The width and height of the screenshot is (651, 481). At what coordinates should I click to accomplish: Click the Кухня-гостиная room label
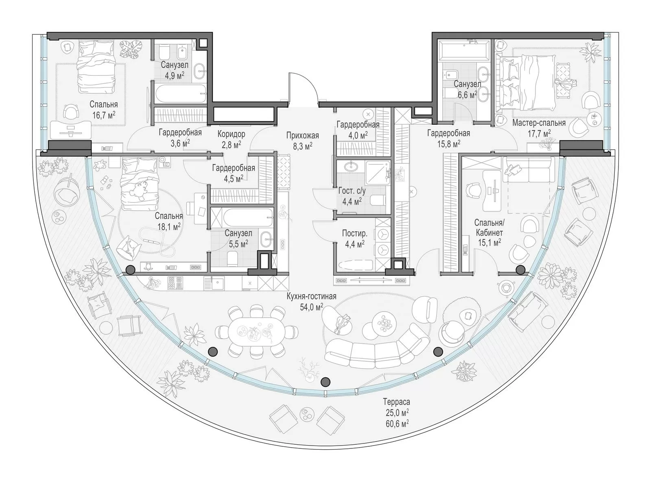(311, 296)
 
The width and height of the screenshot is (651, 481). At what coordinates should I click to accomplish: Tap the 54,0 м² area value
(311, 307)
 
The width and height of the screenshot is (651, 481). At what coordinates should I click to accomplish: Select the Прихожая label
(303, 136)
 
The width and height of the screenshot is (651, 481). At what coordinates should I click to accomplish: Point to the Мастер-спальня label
(539, 123)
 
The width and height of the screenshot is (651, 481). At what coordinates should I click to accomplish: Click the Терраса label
(397, 401)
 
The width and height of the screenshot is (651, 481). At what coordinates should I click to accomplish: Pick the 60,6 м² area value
(397, 424)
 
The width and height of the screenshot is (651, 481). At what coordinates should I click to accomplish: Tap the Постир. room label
(354, 233)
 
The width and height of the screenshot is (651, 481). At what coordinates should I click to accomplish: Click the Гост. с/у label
(352, 191)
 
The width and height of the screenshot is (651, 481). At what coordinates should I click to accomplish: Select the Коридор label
(231, 134)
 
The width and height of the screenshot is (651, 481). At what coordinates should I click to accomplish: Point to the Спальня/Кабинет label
(489, 228)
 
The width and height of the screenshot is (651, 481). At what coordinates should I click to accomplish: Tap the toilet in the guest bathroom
(378, 200)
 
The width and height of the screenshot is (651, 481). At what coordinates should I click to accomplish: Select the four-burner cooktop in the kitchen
(175, 283)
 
